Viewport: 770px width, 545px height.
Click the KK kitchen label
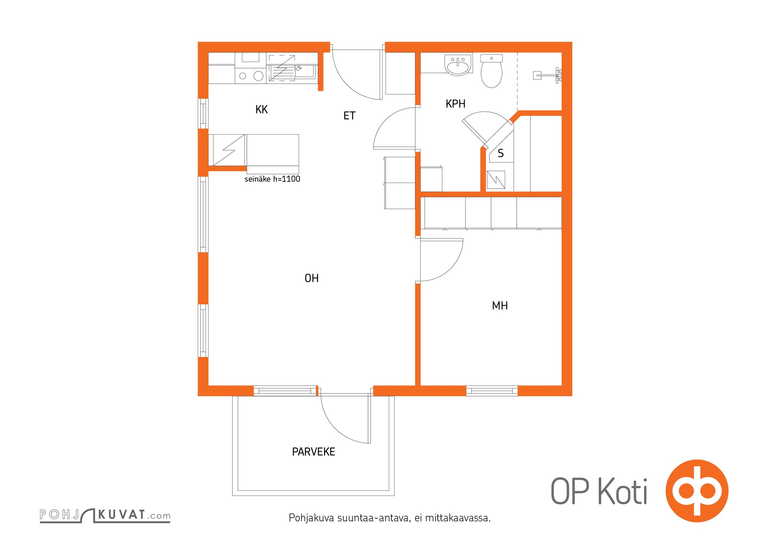point(261,109)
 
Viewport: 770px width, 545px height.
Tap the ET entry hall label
point(349,116)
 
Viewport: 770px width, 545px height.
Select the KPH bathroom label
point(455,104)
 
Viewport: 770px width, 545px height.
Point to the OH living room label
point(311,278)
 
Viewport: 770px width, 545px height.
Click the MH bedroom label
point(500,306)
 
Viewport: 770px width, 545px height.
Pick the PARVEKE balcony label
point(314,452)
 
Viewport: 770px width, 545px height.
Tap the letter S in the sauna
point(500,153)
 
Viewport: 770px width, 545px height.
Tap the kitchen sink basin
point(305,72)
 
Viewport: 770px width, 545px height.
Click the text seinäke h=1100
point(272,179)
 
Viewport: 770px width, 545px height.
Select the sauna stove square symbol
point(496,180)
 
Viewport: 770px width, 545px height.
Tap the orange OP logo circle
point(697,491)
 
